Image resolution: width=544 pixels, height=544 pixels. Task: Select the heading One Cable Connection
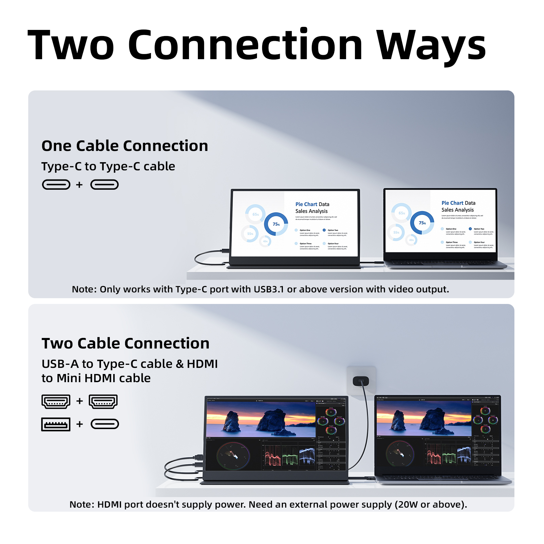124,146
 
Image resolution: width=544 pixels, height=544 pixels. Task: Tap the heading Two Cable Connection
125,343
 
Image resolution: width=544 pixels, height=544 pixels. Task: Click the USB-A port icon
56,424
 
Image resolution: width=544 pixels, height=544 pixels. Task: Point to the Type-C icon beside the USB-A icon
105,424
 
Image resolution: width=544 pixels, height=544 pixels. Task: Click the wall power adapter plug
361,381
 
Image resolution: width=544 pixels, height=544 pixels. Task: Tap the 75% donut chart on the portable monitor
276,224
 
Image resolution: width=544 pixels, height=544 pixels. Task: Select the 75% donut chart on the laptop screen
422,223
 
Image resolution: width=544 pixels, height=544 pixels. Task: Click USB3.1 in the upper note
269,289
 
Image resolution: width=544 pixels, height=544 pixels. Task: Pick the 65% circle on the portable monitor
255,214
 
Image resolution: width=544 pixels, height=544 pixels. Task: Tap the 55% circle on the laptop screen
396,233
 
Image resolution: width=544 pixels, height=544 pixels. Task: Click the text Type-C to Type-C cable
108,166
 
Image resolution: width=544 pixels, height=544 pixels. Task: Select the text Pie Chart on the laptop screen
452,203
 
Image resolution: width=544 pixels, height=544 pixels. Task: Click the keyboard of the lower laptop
442,478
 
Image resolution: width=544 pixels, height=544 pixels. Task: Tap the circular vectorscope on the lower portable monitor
233,456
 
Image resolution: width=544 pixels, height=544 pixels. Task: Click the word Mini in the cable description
69,378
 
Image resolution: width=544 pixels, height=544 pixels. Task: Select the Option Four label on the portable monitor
333,243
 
